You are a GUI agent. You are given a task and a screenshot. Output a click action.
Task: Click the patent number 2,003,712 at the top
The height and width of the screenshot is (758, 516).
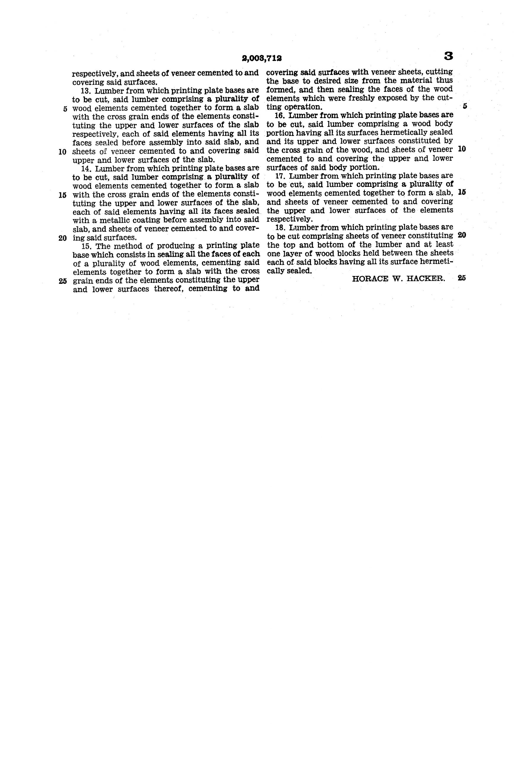tap(262, 58)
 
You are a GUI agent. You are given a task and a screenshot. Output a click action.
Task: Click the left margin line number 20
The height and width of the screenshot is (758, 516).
tap(63, 238)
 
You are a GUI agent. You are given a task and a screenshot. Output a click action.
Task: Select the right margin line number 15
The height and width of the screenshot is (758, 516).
tap(462, 192)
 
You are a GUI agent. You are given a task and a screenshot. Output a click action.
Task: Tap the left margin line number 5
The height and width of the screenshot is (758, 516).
tap(65, 109)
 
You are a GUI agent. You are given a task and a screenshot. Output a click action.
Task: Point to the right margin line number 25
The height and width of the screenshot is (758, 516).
tap(462, 278)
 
